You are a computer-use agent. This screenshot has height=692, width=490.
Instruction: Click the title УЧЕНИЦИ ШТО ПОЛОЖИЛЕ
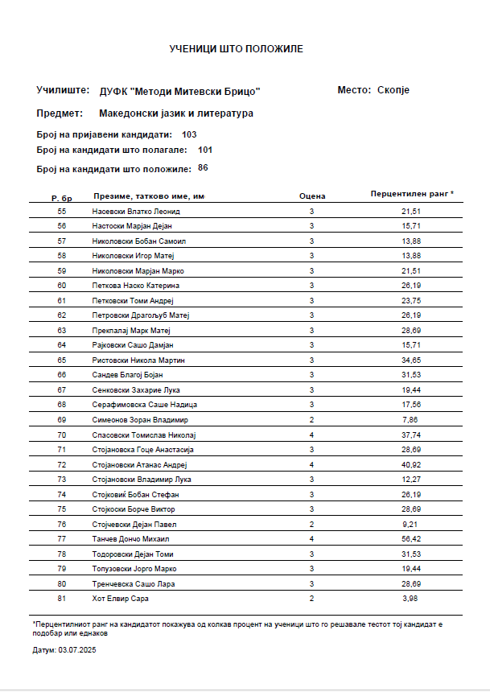[x=236, y=49]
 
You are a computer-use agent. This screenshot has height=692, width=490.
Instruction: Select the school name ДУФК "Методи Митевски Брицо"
[x=179, y=91]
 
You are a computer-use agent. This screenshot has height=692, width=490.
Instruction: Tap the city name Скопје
[x=393, y=90]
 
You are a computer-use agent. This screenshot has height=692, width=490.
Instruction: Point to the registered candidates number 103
[x=190, y=134]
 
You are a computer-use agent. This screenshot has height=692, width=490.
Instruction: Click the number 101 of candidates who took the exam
[x=205, y=150]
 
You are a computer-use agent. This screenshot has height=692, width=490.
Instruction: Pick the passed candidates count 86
[x=203, y=168]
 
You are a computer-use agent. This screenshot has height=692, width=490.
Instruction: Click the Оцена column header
[x=311, y=196]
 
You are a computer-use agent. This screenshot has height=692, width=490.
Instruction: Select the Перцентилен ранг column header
[x=411, y=194]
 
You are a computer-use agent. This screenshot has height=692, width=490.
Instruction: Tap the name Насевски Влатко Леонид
[x=137, y=211]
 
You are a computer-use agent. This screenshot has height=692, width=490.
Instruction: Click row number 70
[x=62, y=435]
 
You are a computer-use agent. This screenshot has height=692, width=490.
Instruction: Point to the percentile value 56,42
[x=411, y=539]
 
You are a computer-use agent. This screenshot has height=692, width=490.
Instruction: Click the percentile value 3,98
[x=411, y=599]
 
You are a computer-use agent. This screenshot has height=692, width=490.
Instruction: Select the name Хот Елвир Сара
[x=121, y=599]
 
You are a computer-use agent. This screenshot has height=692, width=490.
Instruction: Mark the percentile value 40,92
[x=411, y=464]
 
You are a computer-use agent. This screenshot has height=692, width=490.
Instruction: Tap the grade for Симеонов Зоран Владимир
[x=311, y=420]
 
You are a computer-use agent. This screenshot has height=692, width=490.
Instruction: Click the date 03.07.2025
[x=78, y=649]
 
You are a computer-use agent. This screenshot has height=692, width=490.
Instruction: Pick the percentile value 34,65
[x=411, y=360]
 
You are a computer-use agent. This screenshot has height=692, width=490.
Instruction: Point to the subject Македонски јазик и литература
[x=176, y=113]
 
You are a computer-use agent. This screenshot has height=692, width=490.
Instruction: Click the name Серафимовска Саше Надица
[x=145, y=405]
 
